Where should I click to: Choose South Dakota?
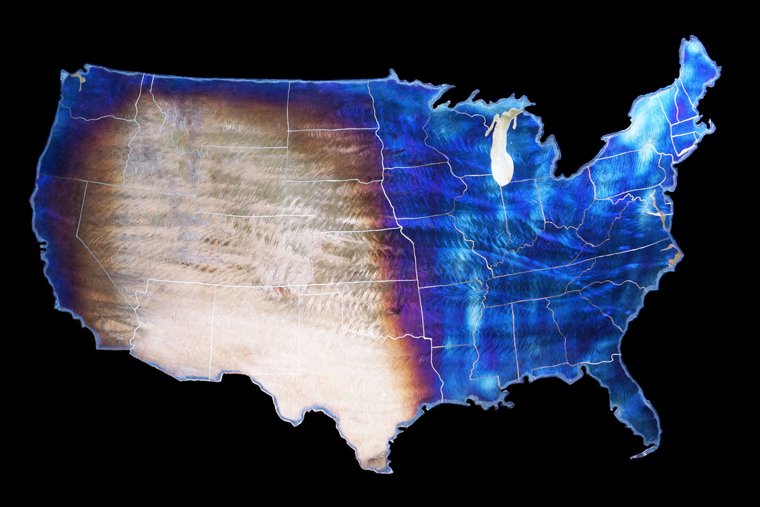coord(332,155)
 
